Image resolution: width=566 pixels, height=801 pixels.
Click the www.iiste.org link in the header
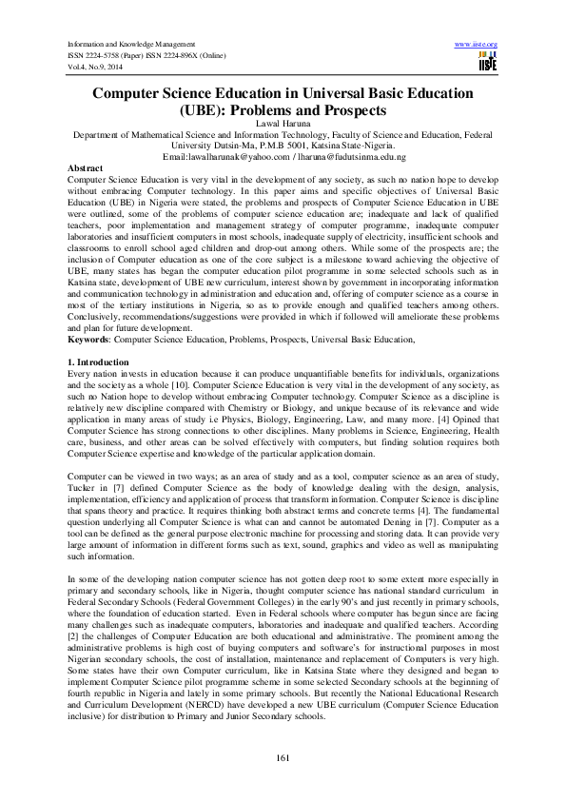tap(477, 44)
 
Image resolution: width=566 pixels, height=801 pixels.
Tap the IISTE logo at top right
tap(487, 63)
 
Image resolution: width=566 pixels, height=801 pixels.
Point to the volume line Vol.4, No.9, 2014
tap(94, 68)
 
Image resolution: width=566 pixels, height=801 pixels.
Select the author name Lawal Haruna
tap(283, 125)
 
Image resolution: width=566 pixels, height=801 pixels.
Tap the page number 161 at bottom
tap(283, 756)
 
